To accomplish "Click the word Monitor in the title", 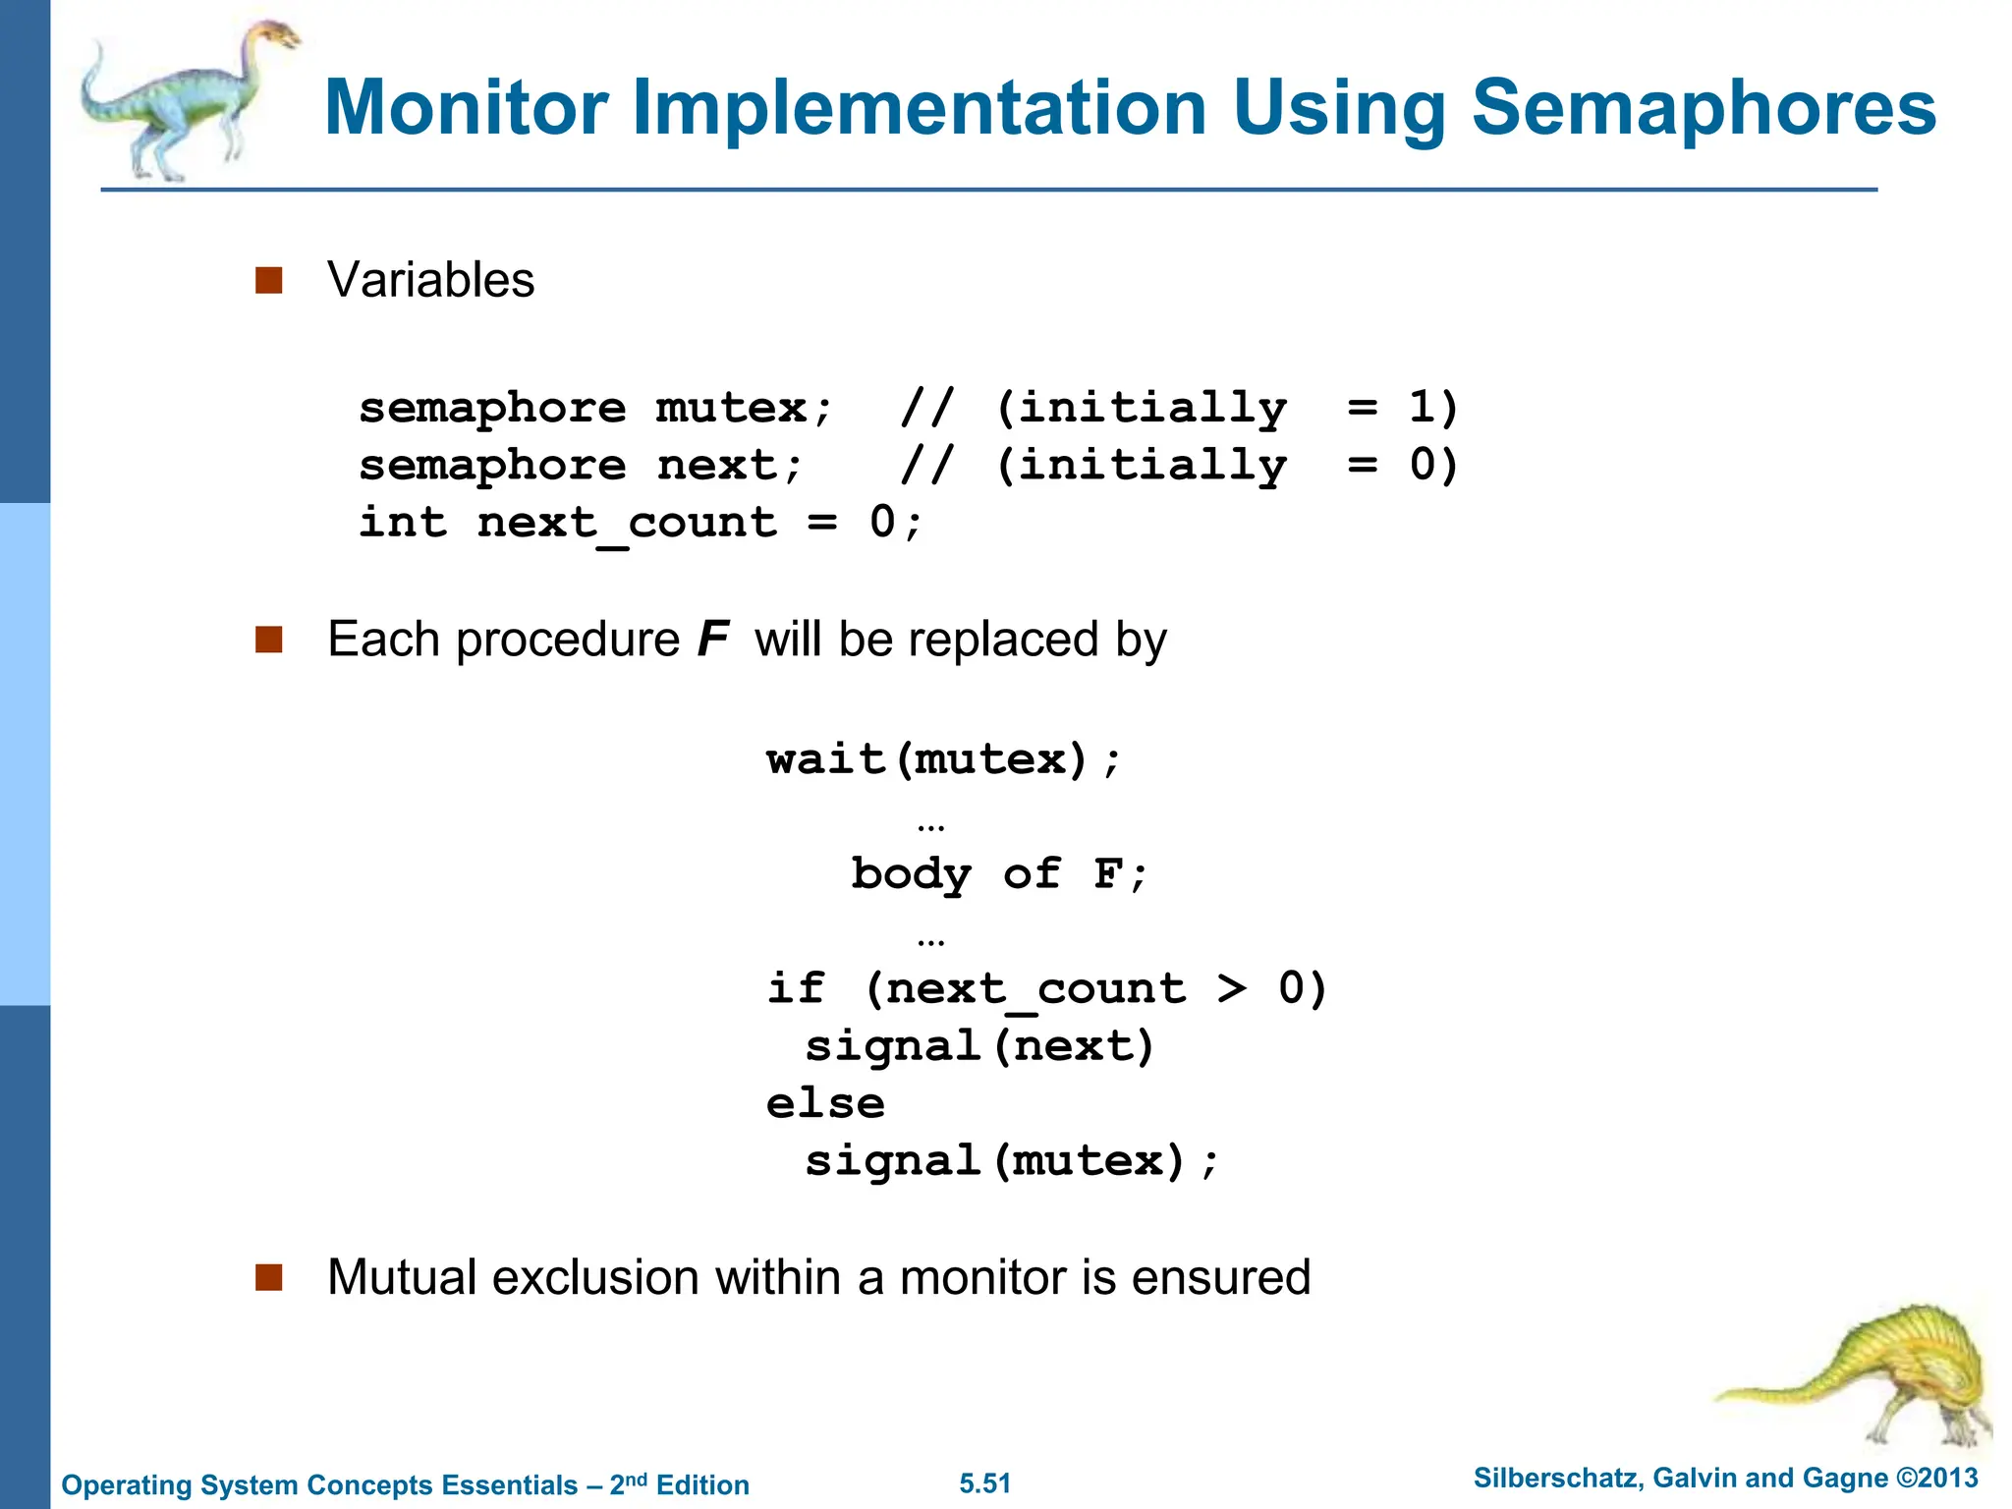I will click(467, 107).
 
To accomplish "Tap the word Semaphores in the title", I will click(1703, 107).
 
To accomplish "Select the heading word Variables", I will click(430, 280).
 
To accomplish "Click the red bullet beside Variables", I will click(268, 280).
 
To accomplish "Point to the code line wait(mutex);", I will click(942, 759).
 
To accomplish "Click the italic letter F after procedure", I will click(712, 640).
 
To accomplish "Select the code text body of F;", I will click(998, 873).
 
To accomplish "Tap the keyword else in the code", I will click(825, 1103).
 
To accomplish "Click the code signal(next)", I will click(979, 1046).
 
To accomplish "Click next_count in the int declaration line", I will click(627, 523).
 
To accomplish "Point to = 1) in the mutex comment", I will click(1402, 408).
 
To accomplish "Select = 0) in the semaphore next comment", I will click(1402, 465).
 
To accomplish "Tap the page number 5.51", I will click(985, 1483).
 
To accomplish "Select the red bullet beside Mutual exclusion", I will click(268, 1277).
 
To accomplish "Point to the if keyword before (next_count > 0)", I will click(796, 988).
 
